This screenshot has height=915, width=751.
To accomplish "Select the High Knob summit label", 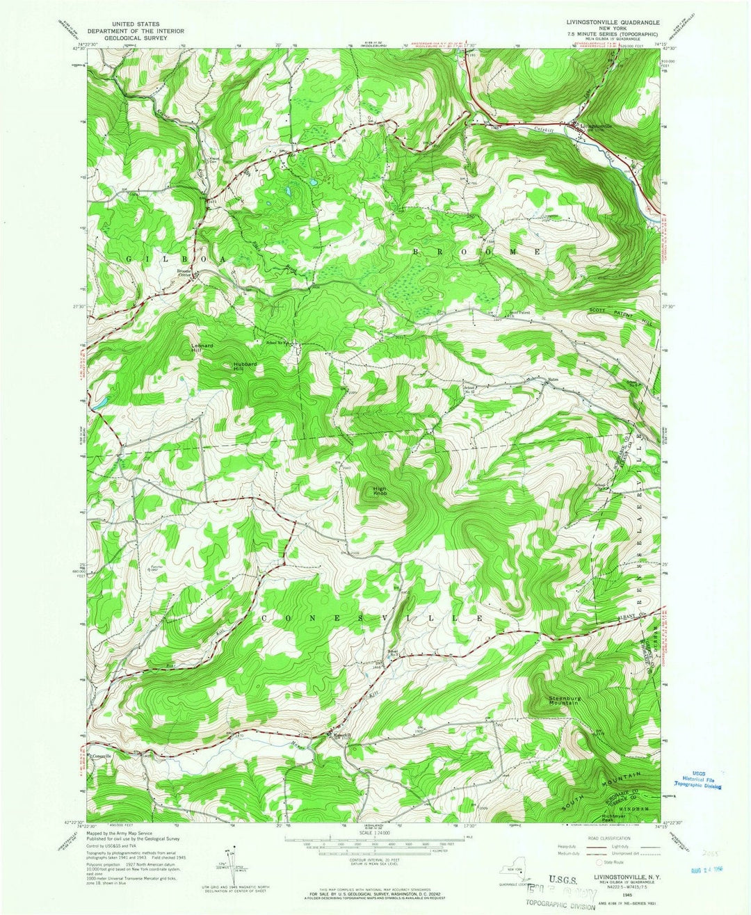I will click(x=380, y=490).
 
